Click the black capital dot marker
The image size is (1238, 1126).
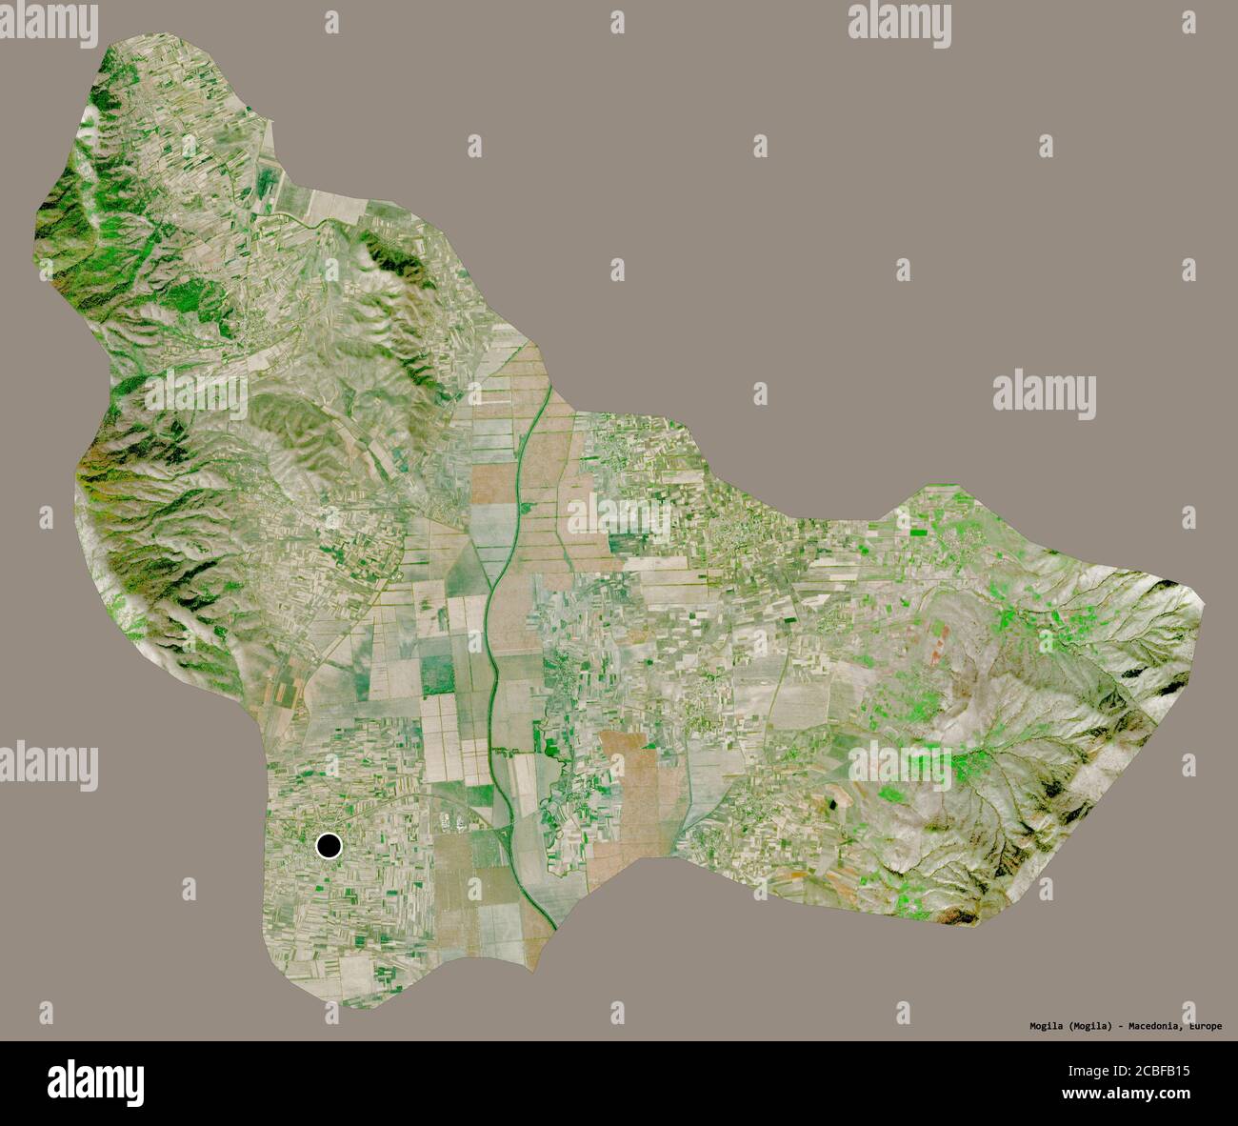(329, 845)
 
